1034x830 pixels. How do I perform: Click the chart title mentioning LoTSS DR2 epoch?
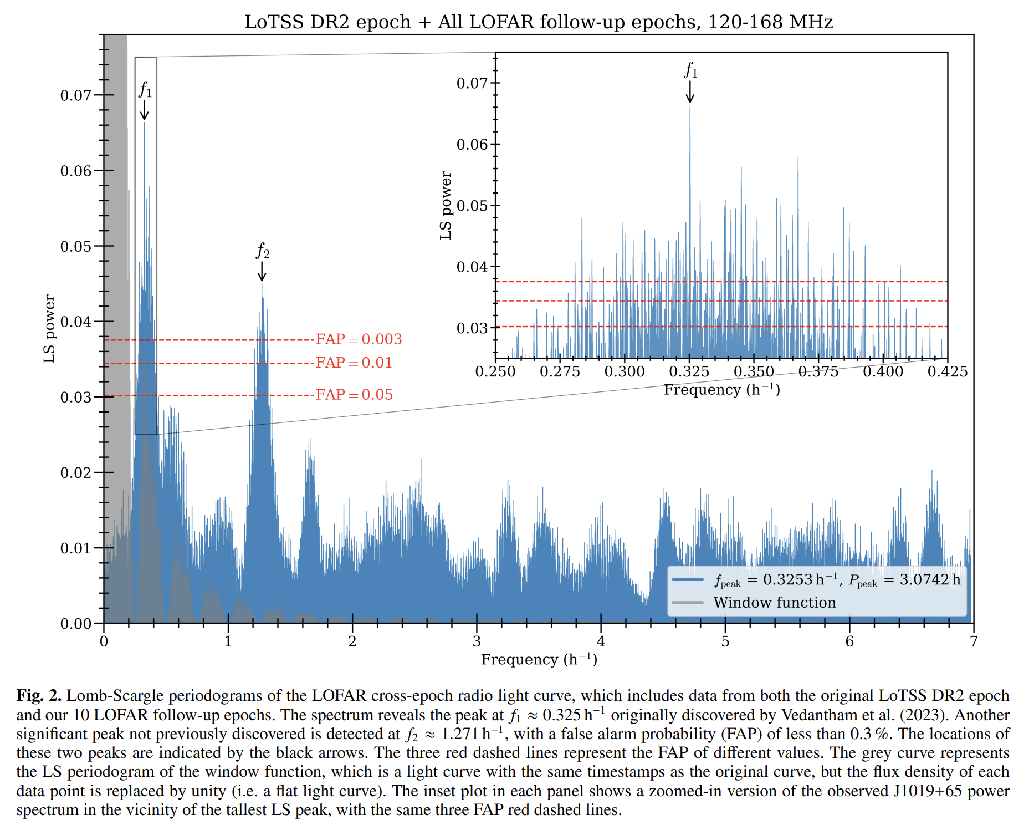[539, 22]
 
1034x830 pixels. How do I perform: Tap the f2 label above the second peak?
[262, 251]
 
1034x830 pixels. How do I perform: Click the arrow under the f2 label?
[262, 271]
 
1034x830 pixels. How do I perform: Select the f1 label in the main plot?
[145, 89]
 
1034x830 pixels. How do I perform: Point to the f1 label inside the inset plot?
[690, 70]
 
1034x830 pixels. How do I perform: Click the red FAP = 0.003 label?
[359, 339]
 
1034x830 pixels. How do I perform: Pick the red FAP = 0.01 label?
[354, 363]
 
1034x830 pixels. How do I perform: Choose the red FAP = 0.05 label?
[354, 395]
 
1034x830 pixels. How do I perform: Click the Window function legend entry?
[774, 603]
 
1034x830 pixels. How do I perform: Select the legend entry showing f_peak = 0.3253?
[837, 580]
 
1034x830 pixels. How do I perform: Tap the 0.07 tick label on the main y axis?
[75, 95]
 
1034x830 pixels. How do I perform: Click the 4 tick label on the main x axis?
[601, 641]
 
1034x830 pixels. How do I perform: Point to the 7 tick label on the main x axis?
[973, 641]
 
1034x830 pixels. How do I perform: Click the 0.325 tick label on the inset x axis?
[689, 371]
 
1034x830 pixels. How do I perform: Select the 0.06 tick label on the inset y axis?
[472, 145]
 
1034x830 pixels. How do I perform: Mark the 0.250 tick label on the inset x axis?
[495, 371]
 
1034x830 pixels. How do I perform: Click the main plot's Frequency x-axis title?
[539, 659]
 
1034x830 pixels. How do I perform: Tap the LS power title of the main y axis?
[50, 329]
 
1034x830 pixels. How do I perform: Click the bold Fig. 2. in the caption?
[39, 696]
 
